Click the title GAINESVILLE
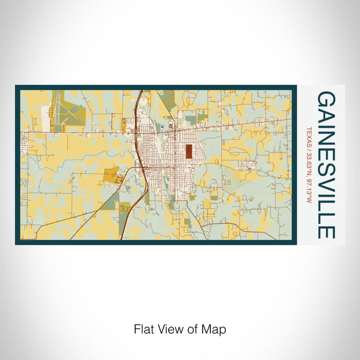327,165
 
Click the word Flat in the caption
143,329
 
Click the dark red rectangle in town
189,151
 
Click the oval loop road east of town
251,166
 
